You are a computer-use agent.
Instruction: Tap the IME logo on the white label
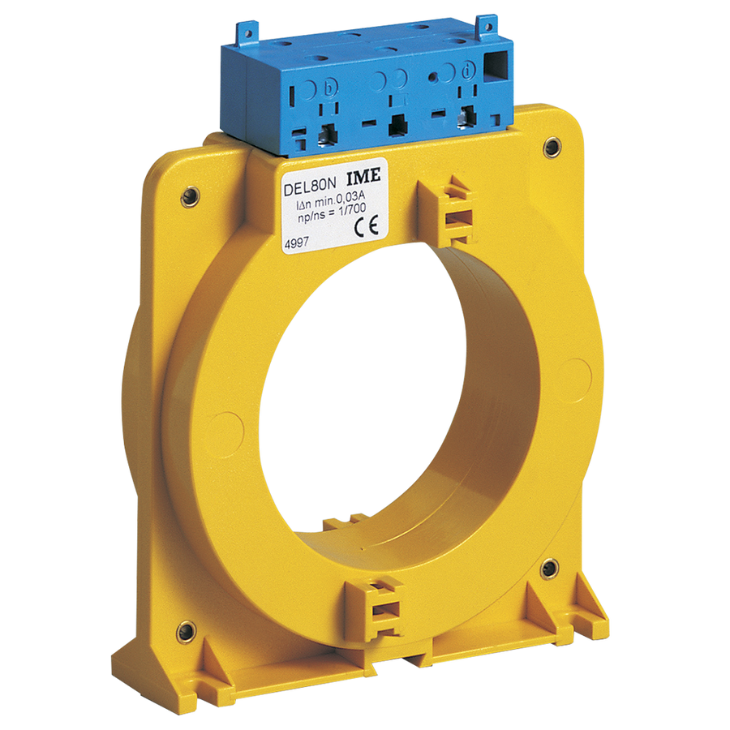363,176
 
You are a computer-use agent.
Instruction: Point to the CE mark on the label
366,225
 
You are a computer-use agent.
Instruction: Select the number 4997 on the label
296,243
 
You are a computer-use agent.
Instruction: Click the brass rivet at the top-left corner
190,197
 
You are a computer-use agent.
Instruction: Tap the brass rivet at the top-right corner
552,147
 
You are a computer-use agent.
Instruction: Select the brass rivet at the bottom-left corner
187,632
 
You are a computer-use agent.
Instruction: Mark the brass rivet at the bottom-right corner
549,569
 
